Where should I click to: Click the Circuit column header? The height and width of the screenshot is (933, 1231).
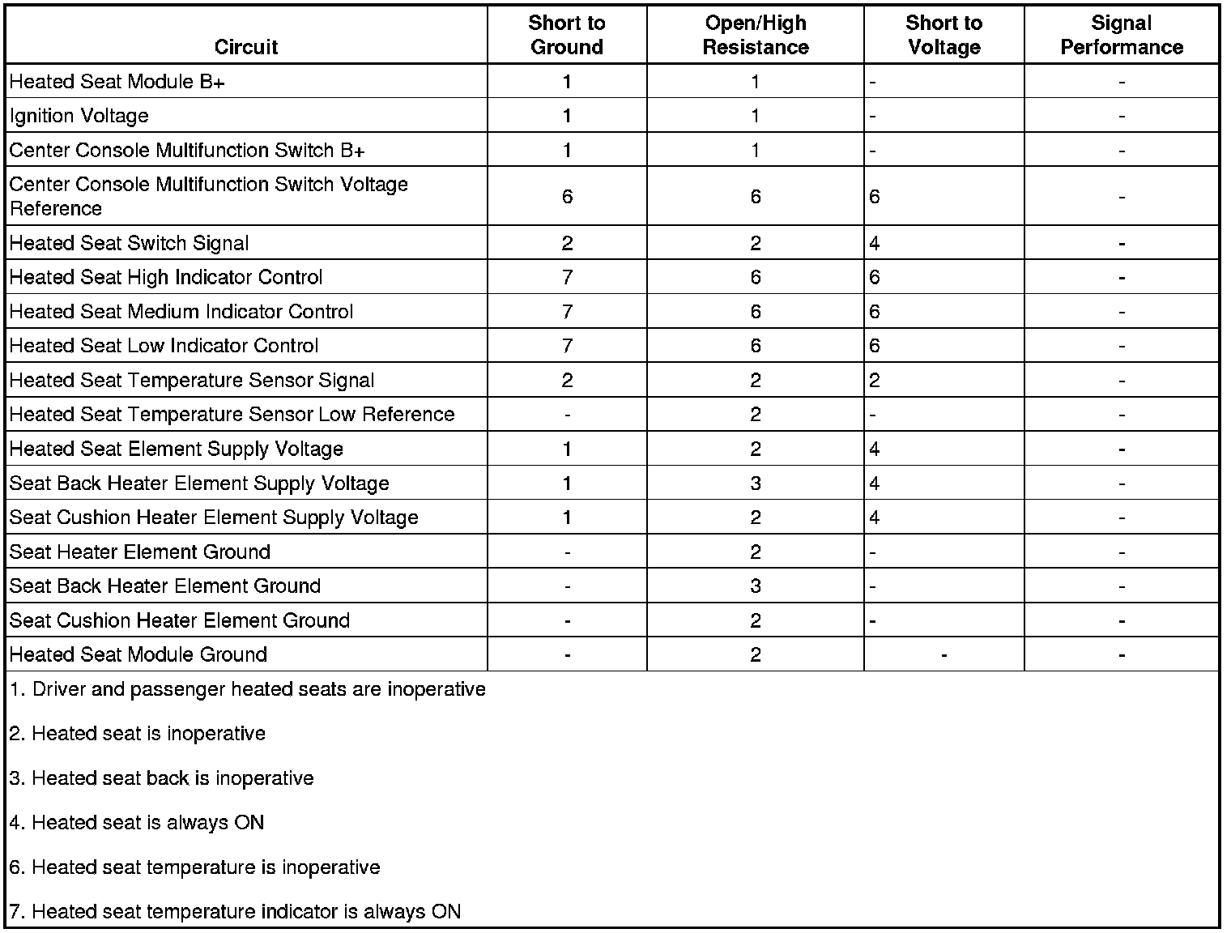click(246, 47)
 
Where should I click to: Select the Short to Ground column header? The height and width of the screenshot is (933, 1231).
click(567, 35)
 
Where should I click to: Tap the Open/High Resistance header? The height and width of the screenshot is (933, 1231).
click(755, 35)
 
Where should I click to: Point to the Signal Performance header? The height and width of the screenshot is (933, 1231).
click(1121, 35)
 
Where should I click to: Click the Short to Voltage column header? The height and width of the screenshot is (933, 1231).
click(943, 35)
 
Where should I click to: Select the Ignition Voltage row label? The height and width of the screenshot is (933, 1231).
click(79, 116)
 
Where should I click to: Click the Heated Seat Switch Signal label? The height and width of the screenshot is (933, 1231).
click(129, 243)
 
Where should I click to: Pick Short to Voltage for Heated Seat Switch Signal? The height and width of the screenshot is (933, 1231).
click(875, 243)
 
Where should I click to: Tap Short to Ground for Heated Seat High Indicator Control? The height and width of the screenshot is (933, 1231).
click(567, 277)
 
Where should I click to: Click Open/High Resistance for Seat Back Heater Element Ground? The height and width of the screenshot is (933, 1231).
click(755, 586)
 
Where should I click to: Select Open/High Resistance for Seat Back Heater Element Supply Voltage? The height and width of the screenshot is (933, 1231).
click(755, 484)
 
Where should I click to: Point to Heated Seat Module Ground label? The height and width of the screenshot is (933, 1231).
click(138, 654)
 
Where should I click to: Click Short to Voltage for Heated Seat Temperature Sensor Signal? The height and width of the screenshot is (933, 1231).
click(875, 380)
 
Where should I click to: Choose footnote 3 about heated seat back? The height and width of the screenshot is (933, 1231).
click(162, 778)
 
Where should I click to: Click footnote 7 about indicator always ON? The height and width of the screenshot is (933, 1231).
click(235, 911)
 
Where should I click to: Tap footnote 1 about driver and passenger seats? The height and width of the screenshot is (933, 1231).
click(248, 689)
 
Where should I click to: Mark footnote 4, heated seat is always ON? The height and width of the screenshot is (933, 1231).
click(137, 823)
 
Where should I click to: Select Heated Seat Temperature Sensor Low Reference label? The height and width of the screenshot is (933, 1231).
click(232, 415)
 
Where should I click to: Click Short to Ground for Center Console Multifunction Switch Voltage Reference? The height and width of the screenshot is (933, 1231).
click(567, 196)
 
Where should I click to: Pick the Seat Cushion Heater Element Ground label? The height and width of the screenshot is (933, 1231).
click(180, 620)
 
